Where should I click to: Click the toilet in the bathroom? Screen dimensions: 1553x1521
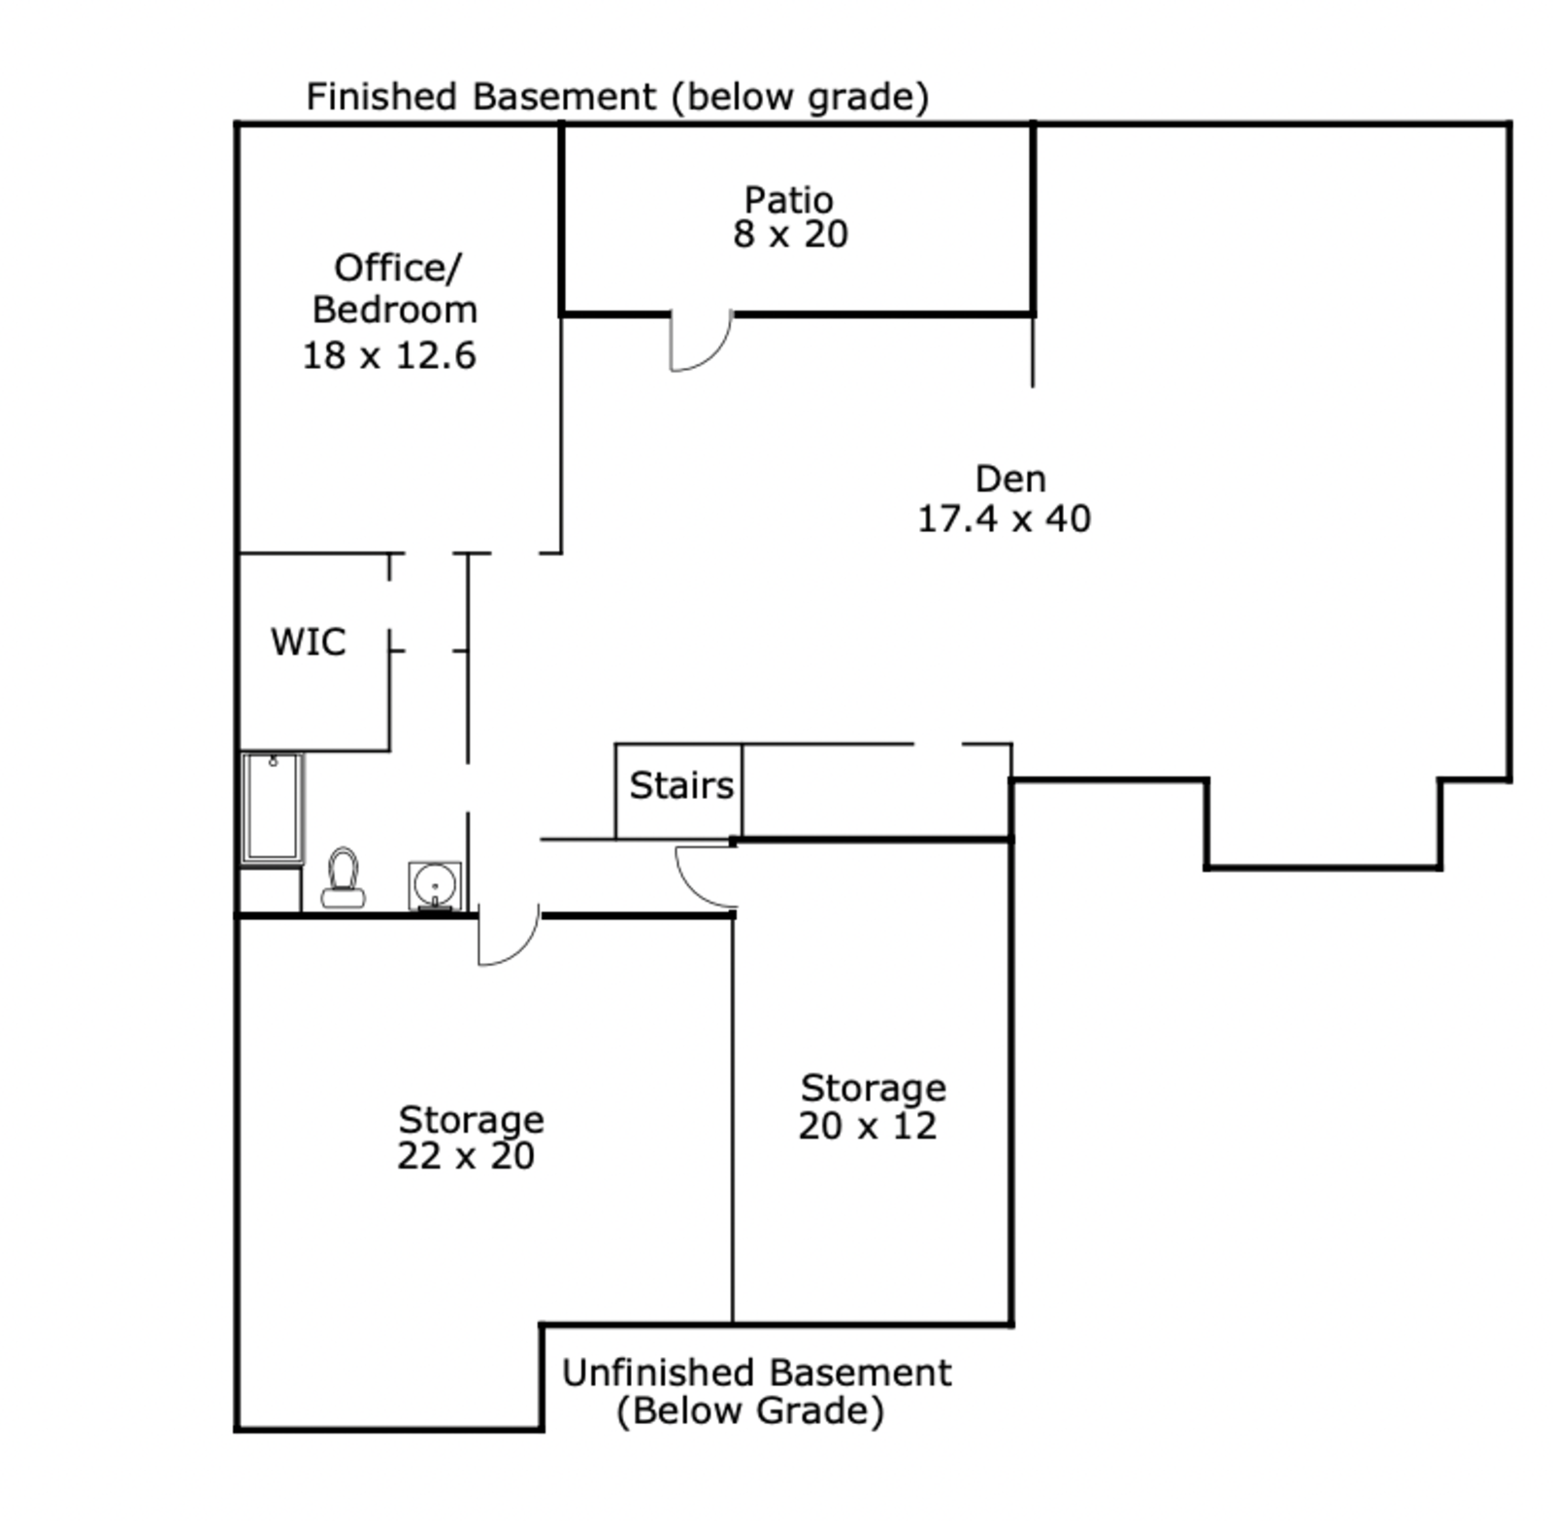[343, 878]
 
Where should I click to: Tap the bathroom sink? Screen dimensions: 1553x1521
[434, 885]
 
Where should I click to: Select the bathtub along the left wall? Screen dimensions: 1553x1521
[273, 808]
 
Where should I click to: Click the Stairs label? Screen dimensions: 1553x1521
[681, 785]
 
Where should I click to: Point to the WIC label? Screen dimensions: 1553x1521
[308, 642]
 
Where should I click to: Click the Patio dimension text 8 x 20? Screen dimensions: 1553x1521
[790, 234]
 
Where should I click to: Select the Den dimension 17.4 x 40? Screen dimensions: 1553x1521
[1004, 518]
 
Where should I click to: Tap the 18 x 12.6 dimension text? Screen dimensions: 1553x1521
[389, 355]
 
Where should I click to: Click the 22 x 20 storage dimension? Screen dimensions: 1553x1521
[466, 1155]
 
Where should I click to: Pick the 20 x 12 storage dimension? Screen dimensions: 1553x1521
[868, 1126]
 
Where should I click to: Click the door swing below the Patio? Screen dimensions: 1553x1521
[699, 342]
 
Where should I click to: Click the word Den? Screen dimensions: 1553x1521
[1010, 479]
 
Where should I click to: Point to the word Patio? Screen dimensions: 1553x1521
[788, 200]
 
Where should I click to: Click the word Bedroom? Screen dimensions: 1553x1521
[395, 310]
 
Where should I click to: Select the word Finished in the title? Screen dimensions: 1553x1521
[381, 97]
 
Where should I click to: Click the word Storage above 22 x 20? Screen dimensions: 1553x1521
[471, 1120]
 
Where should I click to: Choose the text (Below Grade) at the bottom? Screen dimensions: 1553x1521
[750, 1410]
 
